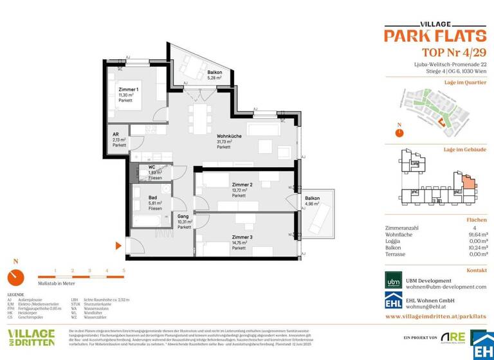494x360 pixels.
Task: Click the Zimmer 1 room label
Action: click(x=128, y=89)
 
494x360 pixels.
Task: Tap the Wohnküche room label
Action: click(x=229, y=136)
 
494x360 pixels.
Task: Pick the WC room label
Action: click(x=152, y=168)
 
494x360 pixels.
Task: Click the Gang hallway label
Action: click(x=183, y=217)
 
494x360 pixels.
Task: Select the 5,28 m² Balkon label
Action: click(x=215, y=73)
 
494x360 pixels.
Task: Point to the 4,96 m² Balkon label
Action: click(x=312, y=199)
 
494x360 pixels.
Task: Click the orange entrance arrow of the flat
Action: click(x=118, y=246)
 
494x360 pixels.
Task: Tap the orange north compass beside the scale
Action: click(x=15, y=277)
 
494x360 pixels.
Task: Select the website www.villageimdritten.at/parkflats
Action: click(x=435, y=317)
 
